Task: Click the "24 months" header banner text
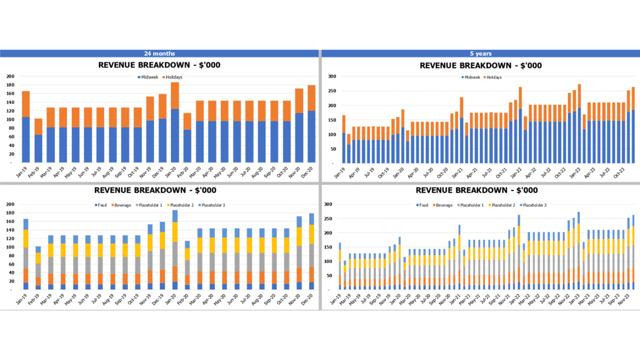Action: click(159, 53)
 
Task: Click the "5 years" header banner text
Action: click(480, 53)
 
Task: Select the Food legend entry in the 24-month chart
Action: click(102, 205)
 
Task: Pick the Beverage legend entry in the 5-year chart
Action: click(443, 205)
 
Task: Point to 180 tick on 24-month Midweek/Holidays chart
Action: click(10, 85)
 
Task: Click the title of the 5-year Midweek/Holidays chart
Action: click(480, 65)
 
